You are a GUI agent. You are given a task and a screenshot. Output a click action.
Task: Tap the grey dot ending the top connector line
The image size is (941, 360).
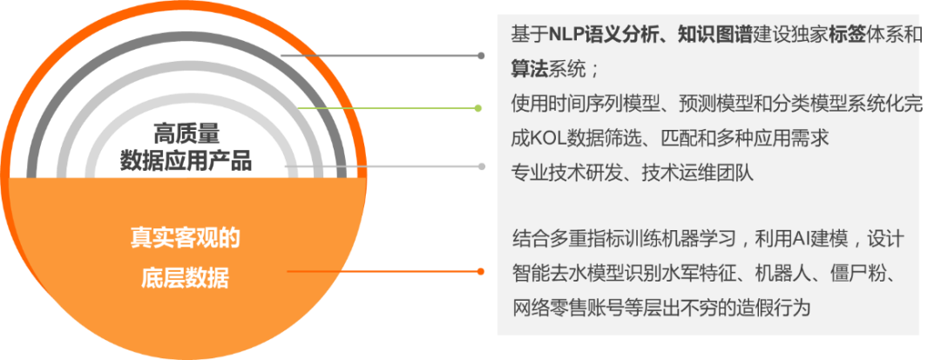[x=481, y=55]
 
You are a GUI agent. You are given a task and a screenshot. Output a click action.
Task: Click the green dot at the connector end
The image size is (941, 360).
[x=478, y=108]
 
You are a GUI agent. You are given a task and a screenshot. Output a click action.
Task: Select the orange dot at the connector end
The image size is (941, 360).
[x=481, y=271]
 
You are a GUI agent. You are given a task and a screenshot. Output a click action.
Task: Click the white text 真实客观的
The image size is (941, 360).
[x=185, y=238]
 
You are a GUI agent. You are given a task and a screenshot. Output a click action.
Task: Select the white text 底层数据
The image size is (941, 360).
[x=185, y=278]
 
